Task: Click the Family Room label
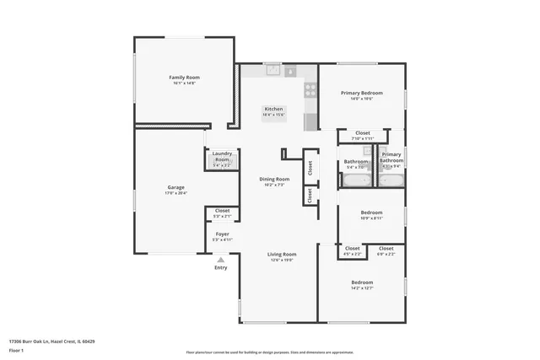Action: (x=184, y=78)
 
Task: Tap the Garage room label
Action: (x=175, y=187)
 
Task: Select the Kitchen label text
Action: (x=273, y=109)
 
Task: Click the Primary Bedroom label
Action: (x=361, y=93)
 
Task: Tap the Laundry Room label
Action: (x=221, y=156)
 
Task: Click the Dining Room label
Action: (x=274, y=179)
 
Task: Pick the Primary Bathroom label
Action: (x=391, y=157)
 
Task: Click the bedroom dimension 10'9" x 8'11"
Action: (x=372, y=218)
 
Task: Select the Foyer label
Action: (x=222, y=234)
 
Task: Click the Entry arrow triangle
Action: (x=221, y=260)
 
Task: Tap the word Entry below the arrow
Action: (x=220, y=268)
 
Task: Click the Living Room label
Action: (x=282, y=254)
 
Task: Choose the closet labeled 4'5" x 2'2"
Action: (x=352, y=250)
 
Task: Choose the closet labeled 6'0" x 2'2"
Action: (x=386, y=250)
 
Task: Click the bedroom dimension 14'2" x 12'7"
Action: (x=361, y=288)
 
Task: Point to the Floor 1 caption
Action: (x=17, y=349)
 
